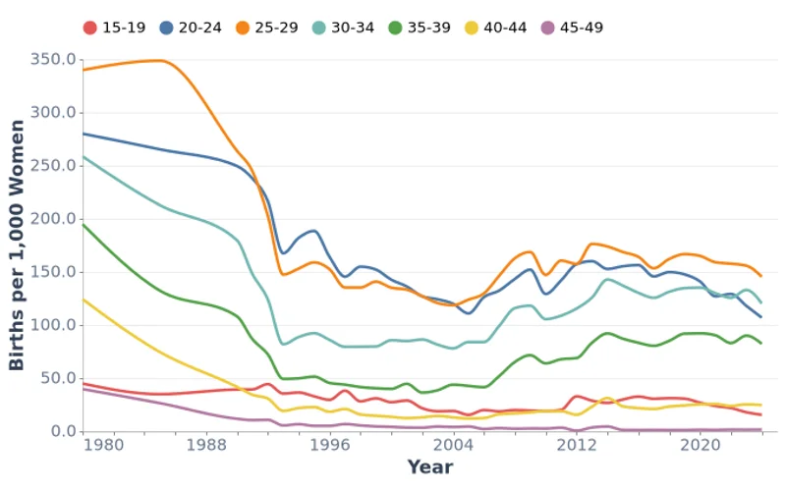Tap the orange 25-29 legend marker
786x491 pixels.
click(x=244, y=27)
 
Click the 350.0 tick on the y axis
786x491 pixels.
click(x=54, y=59)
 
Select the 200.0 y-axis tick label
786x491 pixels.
click(x=54, y=219)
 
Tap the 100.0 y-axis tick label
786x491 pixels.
click(x=54, y=325)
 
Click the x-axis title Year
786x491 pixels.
click(x=430, y=467)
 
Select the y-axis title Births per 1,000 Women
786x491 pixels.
click(x=17, y=245)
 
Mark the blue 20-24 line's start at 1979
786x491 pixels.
click(x=84, y=134)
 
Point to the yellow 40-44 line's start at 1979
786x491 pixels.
click(x=84, y=299)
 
